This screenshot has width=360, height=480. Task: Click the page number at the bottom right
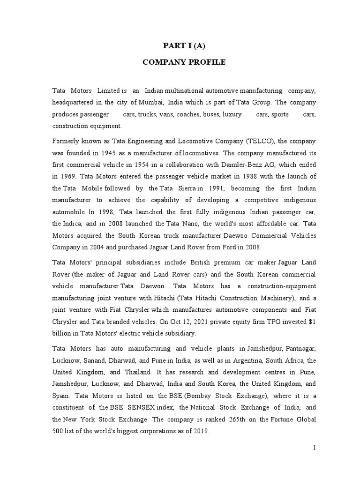click(x=315, y=448)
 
